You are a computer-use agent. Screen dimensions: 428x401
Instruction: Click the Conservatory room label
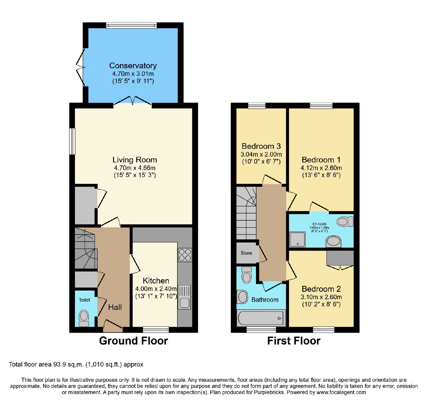(133, 65)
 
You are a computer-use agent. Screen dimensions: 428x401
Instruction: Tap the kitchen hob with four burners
(185, 255)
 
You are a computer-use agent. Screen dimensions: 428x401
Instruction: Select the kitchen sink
(184, 297)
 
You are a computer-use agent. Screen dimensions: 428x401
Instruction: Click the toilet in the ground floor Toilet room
(84, 318)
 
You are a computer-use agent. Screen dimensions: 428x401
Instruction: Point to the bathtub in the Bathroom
(261, 318)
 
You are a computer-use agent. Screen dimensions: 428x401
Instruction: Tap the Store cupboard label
(246, 253)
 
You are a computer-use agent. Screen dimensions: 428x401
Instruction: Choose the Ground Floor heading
(133, 341)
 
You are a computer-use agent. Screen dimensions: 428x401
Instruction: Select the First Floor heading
(294, 341)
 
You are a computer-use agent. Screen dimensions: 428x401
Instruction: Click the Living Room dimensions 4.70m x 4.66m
(135, 168)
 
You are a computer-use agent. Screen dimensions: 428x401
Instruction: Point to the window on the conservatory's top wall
(131, 25)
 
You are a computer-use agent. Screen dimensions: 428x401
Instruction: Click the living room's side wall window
(72, 141)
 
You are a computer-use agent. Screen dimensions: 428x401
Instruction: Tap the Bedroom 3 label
(261, 146)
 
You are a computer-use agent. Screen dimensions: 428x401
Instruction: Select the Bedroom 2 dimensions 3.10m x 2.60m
(321, 297)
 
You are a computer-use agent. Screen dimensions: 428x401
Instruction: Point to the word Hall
(115, 307)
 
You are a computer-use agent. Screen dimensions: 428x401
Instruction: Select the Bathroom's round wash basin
(243, 297)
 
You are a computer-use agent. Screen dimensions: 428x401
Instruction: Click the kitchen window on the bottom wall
(156, 330)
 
